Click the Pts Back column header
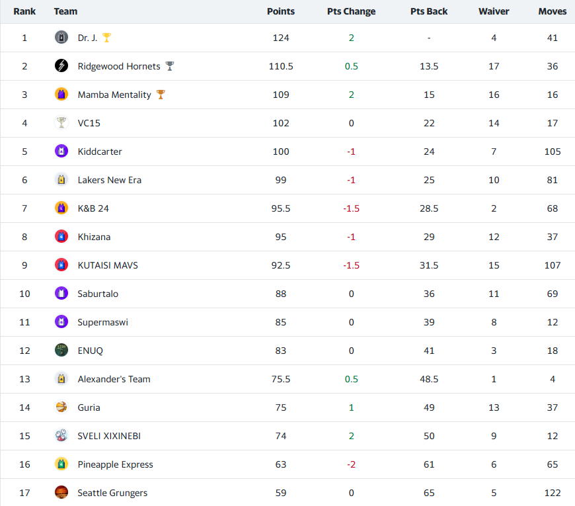pyautogui.click(x=429, y=11)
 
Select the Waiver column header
pyautogui.click(x=494, y=11)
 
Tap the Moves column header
pyautogui.click(x=552, y=11)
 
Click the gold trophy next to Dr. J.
pyautogui.click(x=106, y=38)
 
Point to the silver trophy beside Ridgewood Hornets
pyautogui.click(x=170, y=66)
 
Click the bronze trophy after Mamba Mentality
pyautogui.click(x=161, y=95)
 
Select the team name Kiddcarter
pyautogui.click(x=100, y=151)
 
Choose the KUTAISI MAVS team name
pyautogui.click(x=108, y=265)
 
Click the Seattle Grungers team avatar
pyautogui.click(x=61, y=493)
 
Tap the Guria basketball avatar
pyautogui.click(x=61, y=407)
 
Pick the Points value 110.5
pyautogui.click(x=281, y=66)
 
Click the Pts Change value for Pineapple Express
pyautogui.click(x=351, y=464)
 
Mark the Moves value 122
pyautogui.click(x=553, y=493)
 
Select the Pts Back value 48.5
pyautogui.click(x=429, y=379)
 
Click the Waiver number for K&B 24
pyautogui.click(x=494, y=208)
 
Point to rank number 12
pyautogui.click(x=24, y=351)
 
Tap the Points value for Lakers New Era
pyautogui.click(x=281, y=180)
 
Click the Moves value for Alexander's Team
pyautogui.click(x=553, y=379)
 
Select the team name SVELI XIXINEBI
pyautogui.click(x=109, y=436)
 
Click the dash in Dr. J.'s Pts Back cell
pyautogui.click(x=429, y=38)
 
